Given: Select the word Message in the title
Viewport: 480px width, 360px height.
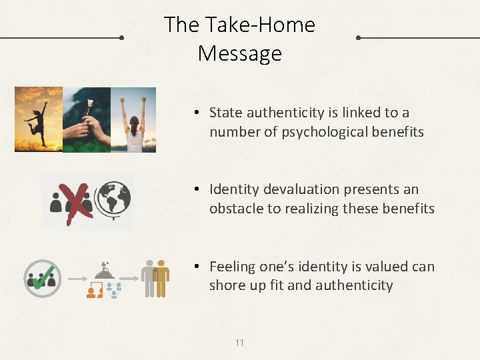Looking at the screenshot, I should pos(240,53).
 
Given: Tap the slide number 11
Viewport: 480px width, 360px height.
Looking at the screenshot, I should pos(239,343).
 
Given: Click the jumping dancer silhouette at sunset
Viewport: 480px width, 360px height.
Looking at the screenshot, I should pos(37,120).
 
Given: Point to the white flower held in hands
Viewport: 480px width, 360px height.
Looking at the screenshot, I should pos(89,105).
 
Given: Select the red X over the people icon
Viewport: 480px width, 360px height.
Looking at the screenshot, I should pos(78,202).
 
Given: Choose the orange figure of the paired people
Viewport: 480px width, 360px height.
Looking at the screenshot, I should pos(161,277).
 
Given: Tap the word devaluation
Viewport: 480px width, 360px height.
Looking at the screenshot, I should pos(306,189).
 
